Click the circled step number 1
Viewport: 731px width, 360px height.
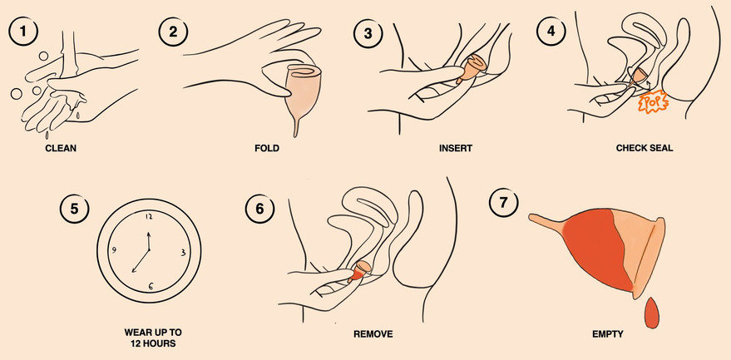pyautogui.click(x=23, y=32)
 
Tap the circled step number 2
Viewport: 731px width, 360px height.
pyautogui.click(x=174, y=32)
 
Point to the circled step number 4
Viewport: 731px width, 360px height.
pyautogui.click(x=551, y=32)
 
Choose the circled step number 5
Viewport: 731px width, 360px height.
pyautogui.click(x=75, y=209)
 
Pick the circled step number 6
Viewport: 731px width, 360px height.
pyautogui.click(x=260, y=209)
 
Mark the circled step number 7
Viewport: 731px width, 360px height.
pyautogui.click(x=503, y=204)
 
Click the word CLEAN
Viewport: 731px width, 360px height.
pyautogui.click(x=61, y=149)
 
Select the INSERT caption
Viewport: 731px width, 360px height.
pyautogui.click(x=456, y=149)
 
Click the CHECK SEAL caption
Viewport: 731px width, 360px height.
pyautogui.click(x=645, y=149)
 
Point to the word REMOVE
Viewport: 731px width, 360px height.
pyautogui.click(x=373, y=334)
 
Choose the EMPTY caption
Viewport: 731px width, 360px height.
pyautogui.click(x=607, y=334)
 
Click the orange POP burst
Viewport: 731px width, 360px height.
pyautogui.click(x=653, y=102)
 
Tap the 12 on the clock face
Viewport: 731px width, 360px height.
pyautogui.click(x=149, y=216)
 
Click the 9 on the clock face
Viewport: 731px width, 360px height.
pyautogui.click(x=113, y=250)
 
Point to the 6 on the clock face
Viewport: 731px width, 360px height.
pyautogui.click(x=151, y=286)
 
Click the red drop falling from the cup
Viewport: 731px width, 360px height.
pyautogui.click(x=651, y=313)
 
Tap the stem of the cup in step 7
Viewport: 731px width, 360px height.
pyautogui.click(x=546, y=221)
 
